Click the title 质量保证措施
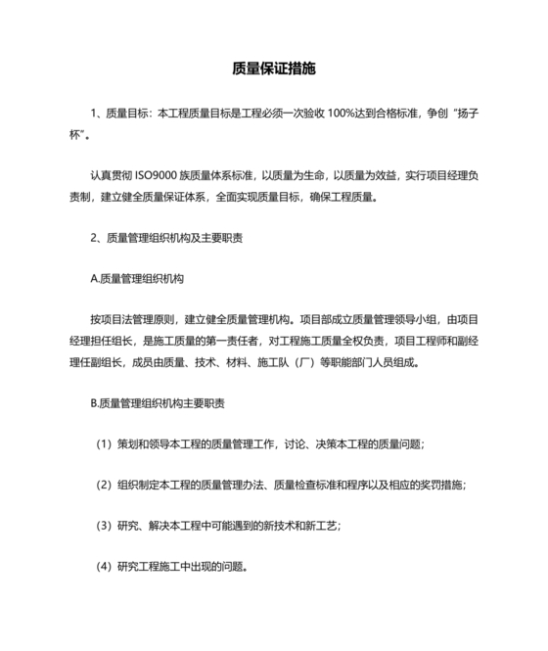point(274,70)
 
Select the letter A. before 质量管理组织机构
point(94,277)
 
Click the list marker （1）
point(103,442)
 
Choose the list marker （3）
point(103,525)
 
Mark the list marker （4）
point(103,565)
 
